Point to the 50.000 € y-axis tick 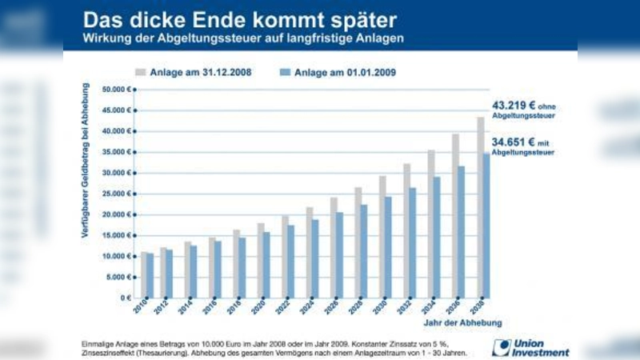[x=117, y=90]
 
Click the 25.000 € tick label [x=117, y=194]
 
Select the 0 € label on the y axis [x=124, y=298]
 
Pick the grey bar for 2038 [x=480, y=208]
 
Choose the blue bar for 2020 [x=266, y=265]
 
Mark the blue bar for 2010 [x=150, y=276]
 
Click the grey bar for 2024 [x=310, y=252]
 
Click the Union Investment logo [x=531, y=347]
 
